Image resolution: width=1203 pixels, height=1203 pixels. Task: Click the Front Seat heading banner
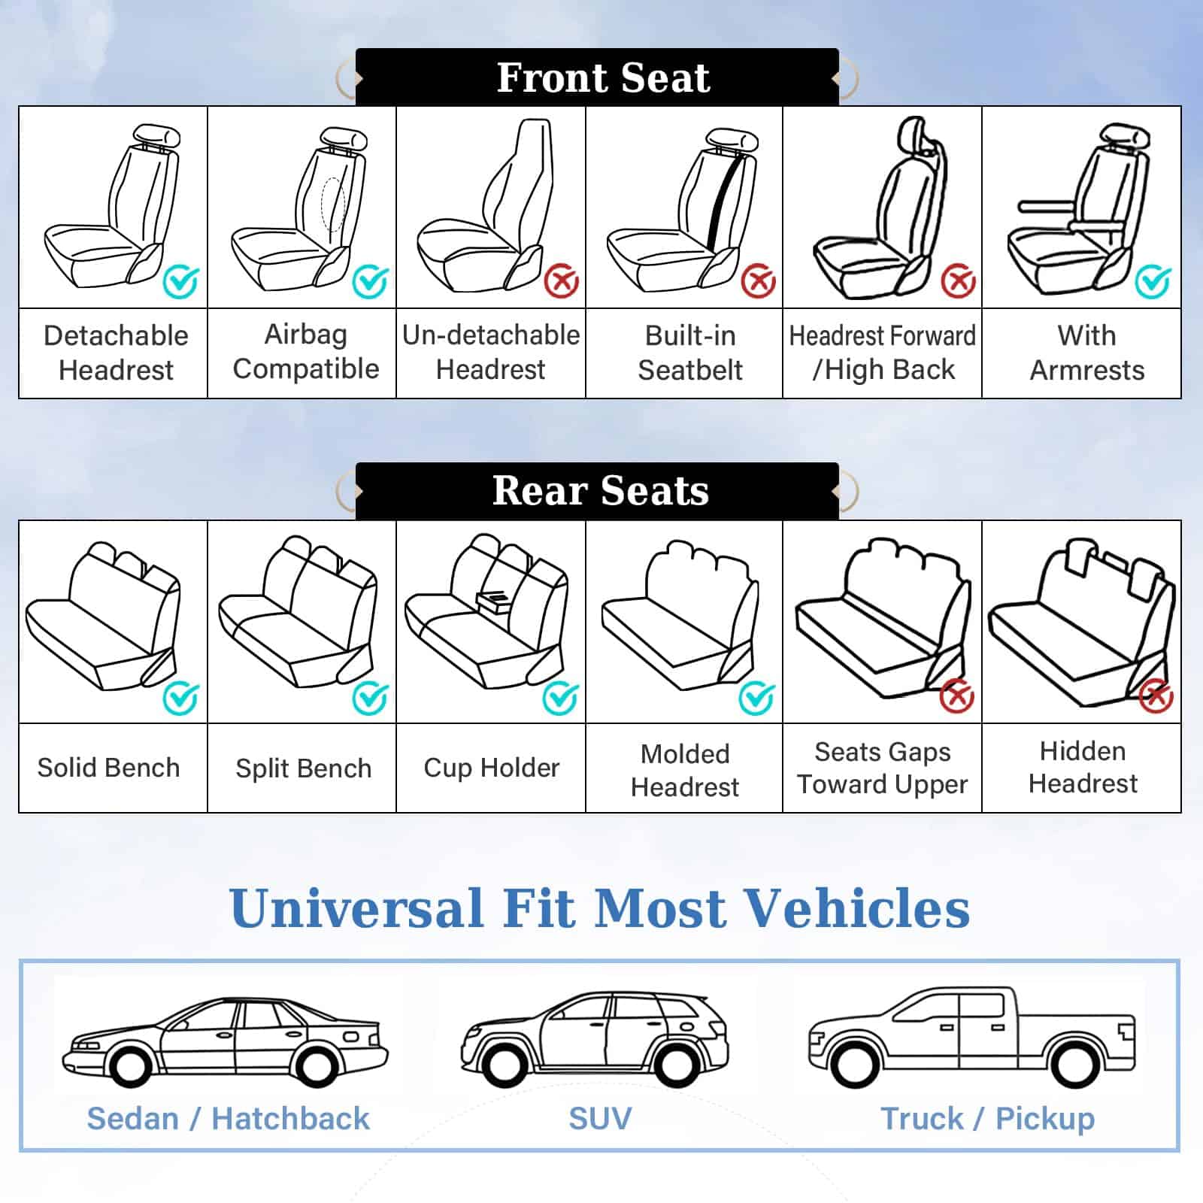[597, 77]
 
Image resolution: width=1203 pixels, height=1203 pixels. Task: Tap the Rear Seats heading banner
[597, 491]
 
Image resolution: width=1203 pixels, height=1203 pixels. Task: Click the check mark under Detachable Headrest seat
[181, 282]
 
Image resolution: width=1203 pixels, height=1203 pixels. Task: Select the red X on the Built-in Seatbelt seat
[759, 281]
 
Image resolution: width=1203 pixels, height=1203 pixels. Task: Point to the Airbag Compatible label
[306, 352]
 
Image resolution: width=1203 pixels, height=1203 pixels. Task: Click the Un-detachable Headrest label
[491, 352]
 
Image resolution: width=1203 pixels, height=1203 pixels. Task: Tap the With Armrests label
[1087, 353]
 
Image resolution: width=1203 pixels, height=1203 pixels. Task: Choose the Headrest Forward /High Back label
[883, 353]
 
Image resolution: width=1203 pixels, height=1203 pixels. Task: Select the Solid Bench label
[109, 768]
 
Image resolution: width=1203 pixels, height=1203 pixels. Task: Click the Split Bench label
[304, 768]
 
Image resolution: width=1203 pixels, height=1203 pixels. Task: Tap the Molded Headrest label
[685, 770]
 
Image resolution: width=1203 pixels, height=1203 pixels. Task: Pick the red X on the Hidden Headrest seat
[1156, 695]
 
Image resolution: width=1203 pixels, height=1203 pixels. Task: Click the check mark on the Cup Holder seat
[561, 698]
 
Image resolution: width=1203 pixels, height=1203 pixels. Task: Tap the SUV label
[600, 1119]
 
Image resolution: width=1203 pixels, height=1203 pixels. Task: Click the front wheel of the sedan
[130, 1067]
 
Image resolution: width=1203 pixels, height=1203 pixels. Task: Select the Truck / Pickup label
[988, 1119]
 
